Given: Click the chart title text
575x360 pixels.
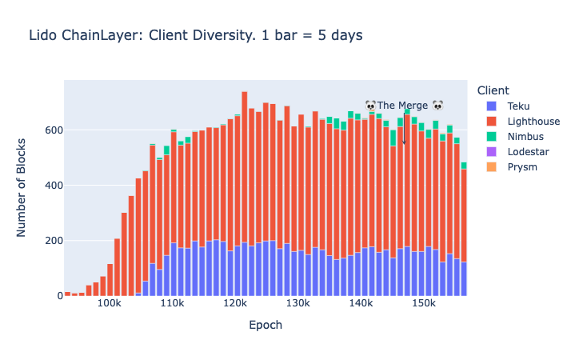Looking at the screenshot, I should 196,35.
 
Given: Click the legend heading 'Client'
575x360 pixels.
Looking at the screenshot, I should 492,90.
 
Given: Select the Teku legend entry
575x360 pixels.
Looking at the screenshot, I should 518,106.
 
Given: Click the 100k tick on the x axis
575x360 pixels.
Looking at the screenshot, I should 109,305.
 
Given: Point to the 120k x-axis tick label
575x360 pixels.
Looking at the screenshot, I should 235,305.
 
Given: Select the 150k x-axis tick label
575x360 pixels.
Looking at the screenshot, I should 424,305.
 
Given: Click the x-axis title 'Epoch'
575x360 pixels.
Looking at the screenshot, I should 266,326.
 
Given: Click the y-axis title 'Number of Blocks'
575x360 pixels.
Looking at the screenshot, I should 22,188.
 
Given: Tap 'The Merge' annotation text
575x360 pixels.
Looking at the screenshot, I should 403,106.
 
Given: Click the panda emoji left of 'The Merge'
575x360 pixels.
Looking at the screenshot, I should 370,106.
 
